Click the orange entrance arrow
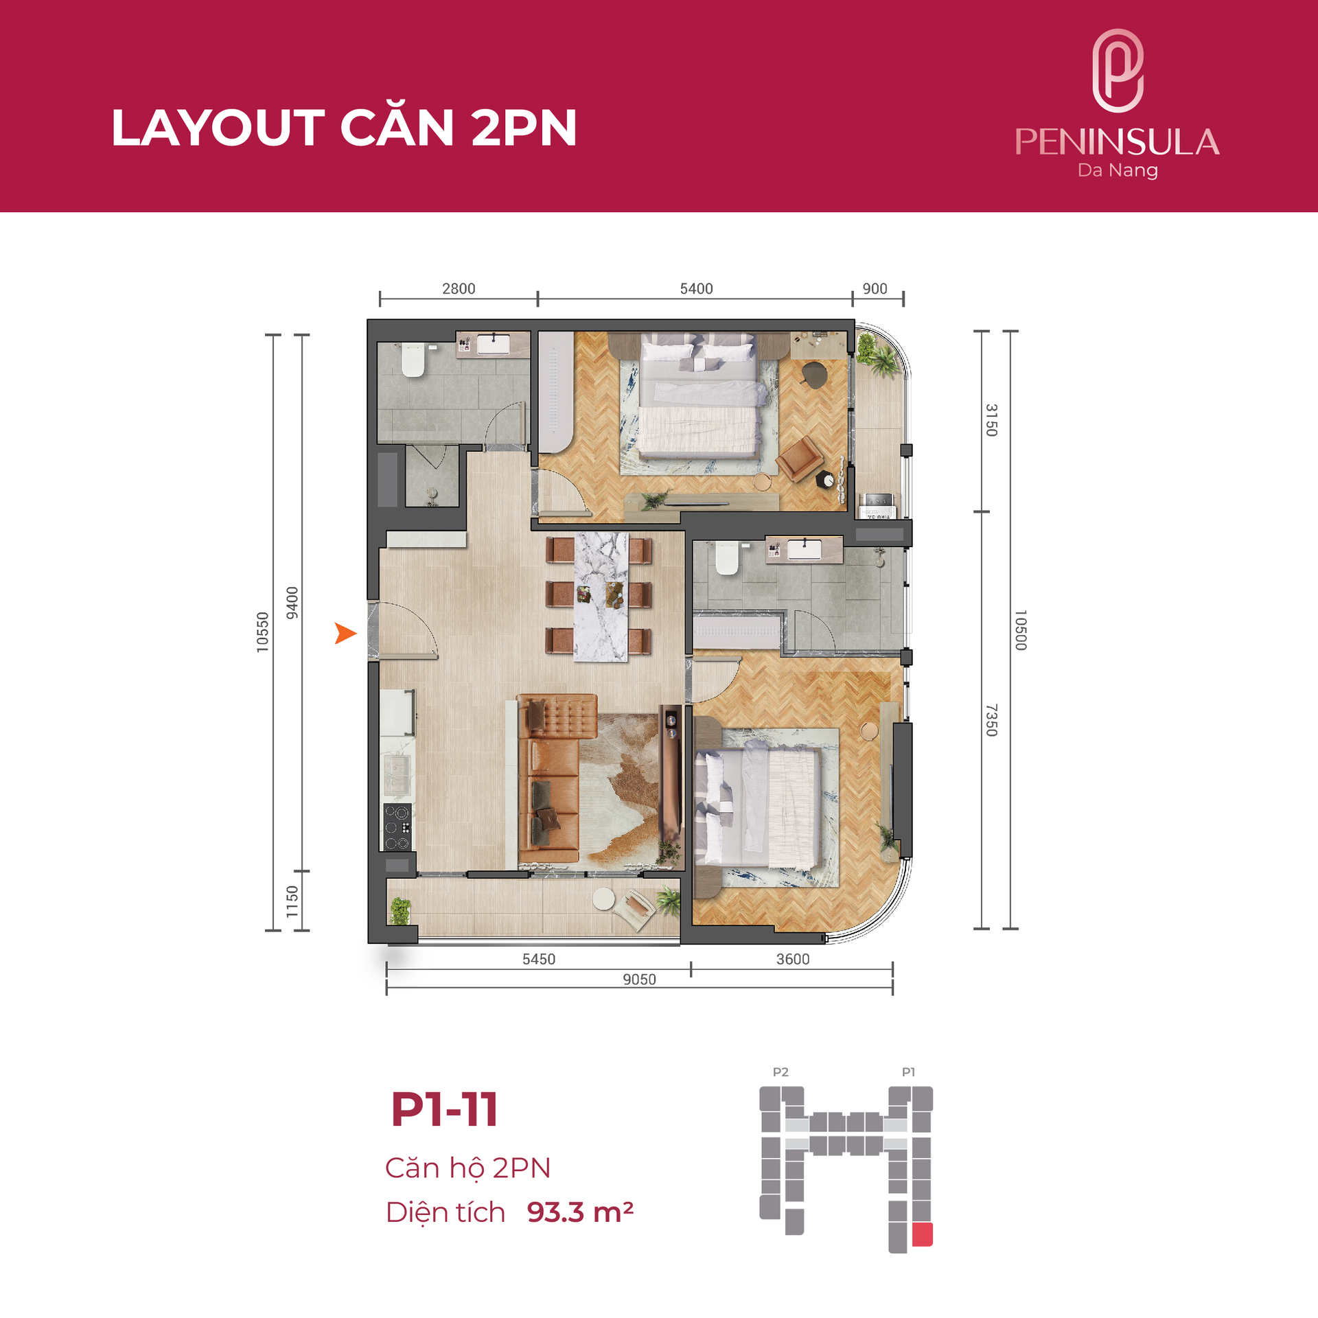[x=345, y=633]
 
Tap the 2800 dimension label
[x=459, y=289]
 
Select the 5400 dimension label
[x=696, y=289]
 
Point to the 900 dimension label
[x=875, y=289]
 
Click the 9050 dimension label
[x=639, y=980]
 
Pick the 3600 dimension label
[x=793, y=959]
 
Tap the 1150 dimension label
[x=292, y=901]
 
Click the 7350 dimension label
[x=991, y=720]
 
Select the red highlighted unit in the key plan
[x=922, y=1234]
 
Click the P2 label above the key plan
[x=781, y=1072]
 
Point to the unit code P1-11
[x=444, y=1110]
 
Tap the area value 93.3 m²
[x=580, y=1212]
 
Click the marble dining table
[x=601, y=597]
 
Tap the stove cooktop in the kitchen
[x=397, y=827]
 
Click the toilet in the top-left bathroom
[x=413, y=360]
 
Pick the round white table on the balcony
[x=604, y=899]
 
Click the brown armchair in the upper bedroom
[x=800, y=458]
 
